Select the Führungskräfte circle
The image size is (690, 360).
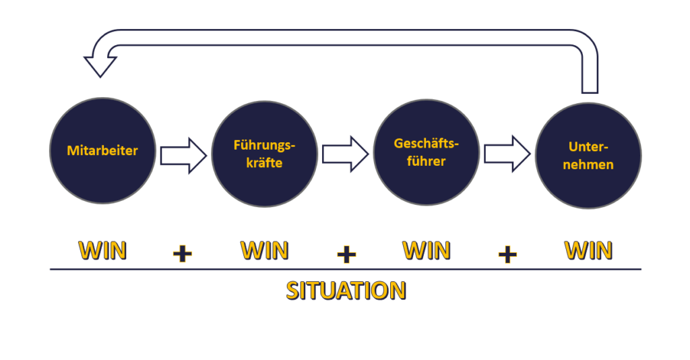point(265,172)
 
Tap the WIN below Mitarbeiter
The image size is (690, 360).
point(102,250)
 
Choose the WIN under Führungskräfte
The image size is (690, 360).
point(264,250)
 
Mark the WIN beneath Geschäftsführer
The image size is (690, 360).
point(427,250)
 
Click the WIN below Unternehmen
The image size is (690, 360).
point(588,250)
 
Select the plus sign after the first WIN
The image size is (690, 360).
point(183,253)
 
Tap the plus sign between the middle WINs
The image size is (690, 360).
point(346,253)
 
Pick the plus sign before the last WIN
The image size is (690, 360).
point(507,253)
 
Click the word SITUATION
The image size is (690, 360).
point(346,291)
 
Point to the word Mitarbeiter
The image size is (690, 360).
point(102,150)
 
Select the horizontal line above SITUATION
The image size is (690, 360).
point(346,269)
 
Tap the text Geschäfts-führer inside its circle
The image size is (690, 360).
point(426,152)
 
